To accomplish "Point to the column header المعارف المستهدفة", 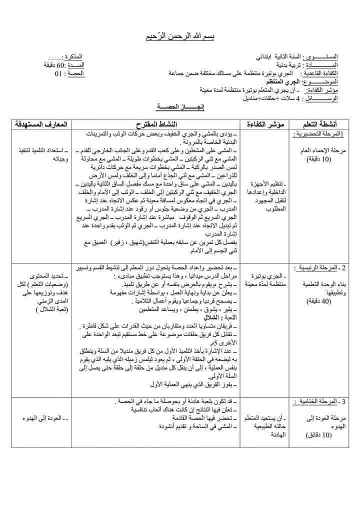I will [x=44, y=123].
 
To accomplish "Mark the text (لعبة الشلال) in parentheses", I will [x=43, y=310].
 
